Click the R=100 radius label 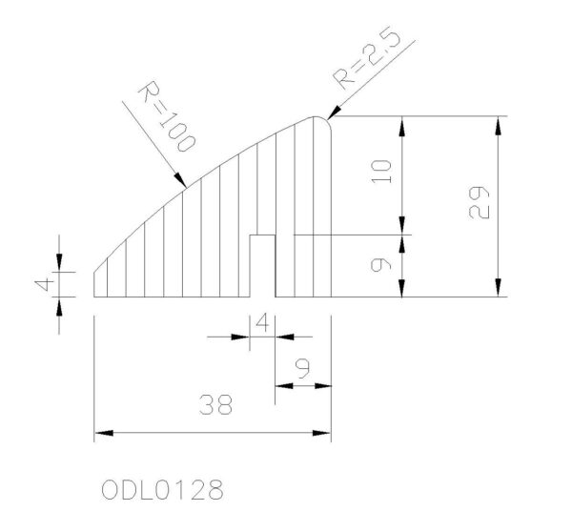click(x=167, y=117)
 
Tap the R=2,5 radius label click(x=366, y=57)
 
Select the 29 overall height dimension click(x=479, y=202)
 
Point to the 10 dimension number click(x=381, y=171)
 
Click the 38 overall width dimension click(x=216, y=404)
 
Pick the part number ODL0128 click(x=162, y=490)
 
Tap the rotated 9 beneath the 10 click(x=381, y=264)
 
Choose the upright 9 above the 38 click(x=303, y=369)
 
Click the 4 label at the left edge click(x=45, y=285)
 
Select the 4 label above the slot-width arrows click(x=263, y=323)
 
